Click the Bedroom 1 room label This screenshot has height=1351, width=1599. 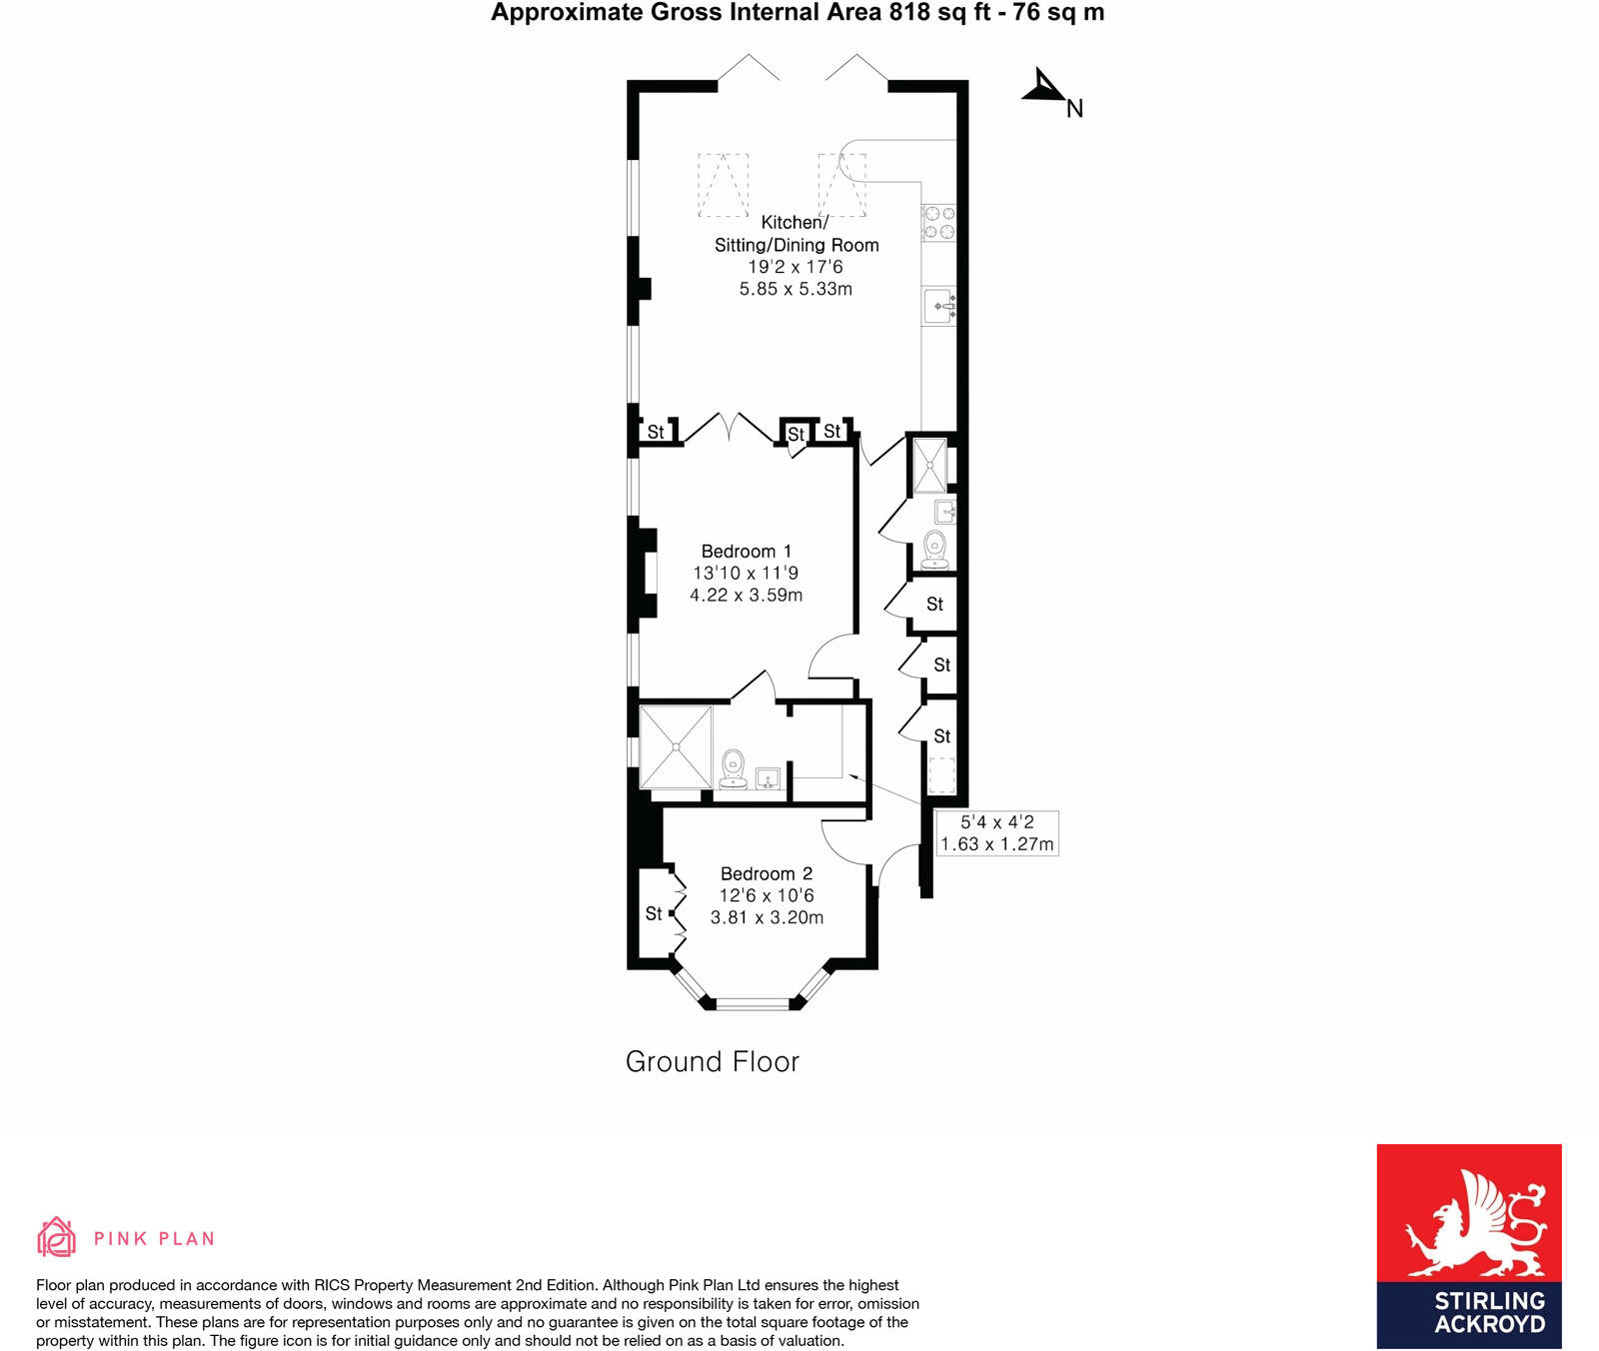coord(746,552)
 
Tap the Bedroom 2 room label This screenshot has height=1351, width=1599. coord(766,874)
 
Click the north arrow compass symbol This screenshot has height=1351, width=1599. coord(1045,88)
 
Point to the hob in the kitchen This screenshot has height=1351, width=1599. coord(938,223)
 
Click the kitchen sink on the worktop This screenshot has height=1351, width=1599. coord(939,306)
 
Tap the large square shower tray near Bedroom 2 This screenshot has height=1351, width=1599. coord(676,746)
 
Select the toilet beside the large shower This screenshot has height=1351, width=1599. coord(734,768)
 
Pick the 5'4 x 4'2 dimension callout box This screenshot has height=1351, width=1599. coord(996,833)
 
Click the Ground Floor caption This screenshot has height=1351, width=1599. coord(712,1061)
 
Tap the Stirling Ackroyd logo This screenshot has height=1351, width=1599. coord(1468,1245)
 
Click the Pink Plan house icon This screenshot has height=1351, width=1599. coord(56,1237)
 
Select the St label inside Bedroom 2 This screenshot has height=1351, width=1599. coord(654,913)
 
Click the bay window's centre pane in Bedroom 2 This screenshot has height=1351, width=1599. coord(753,1003)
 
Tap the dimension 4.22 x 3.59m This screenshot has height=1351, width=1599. coord(746,596)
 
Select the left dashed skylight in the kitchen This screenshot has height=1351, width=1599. coord(723,185)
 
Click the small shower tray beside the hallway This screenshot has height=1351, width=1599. coord(930,466)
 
